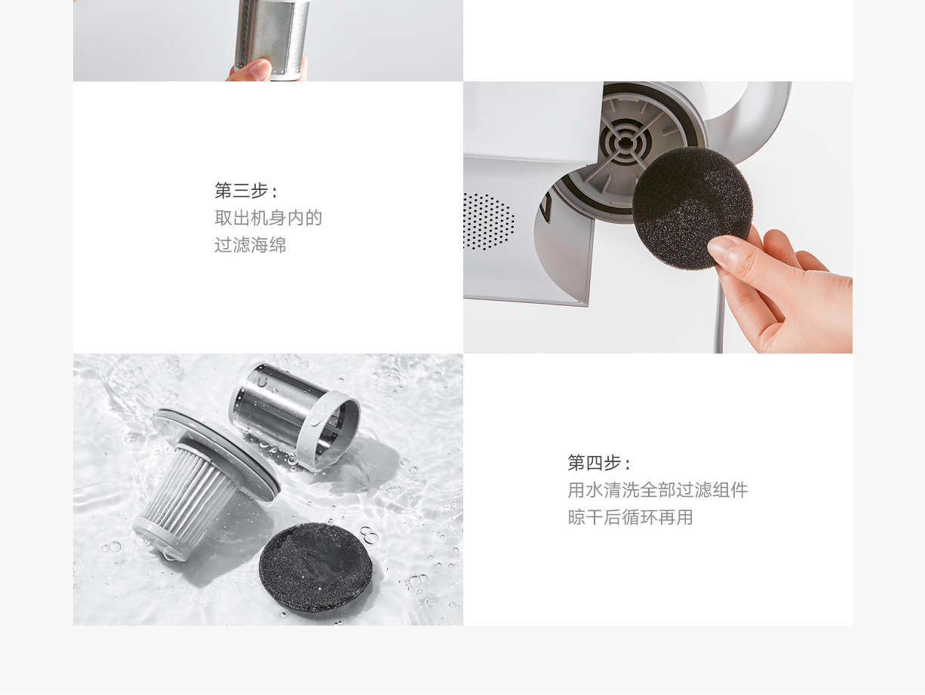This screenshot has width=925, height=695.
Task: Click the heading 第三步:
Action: tap(246, 190)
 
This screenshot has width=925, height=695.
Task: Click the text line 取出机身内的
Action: tap(269, 218)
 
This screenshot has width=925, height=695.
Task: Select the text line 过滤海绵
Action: tap(250, 244)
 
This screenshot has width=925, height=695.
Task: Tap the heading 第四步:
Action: tap(599, 463)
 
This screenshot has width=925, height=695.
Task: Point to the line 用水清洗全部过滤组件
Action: tap(658, 489)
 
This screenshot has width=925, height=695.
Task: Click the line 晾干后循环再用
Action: tap(631, 517)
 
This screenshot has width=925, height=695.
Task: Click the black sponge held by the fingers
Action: tap(692, 207)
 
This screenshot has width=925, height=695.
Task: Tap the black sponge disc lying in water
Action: tap(315, 566)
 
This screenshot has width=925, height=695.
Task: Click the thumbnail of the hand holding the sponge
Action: tap(657, 217)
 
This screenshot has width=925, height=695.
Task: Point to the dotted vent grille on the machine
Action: tap(488, 222)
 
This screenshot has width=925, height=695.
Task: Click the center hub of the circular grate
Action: tap(625, 143)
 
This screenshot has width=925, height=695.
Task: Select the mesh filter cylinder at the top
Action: tap(272, 37)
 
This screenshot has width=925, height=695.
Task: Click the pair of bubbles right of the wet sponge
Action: tap(369, 535)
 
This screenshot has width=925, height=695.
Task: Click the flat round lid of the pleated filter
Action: tap(216, 455)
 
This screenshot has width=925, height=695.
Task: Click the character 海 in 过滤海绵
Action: tap(260, 244)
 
